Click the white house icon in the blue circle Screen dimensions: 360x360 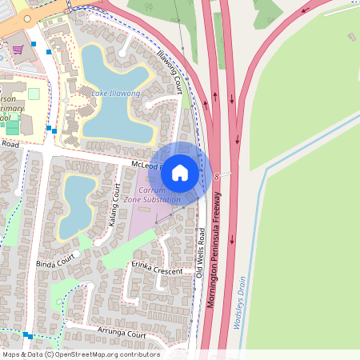(x=180, y=172)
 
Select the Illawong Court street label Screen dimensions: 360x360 (x=170, y=63)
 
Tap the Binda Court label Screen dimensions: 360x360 (x=54, y=260)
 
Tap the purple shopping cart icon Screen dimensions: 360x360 (x=18, y=50)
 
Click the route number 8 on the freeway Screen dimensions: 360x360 (x=216, y=174)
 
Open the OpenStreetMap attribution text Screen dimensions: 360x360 (x=80, y=354)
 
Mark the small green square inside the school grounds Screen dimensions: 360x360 (x=34, y=94)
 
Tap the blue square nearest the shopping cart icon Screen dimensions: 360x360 (x=34, y=44)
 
